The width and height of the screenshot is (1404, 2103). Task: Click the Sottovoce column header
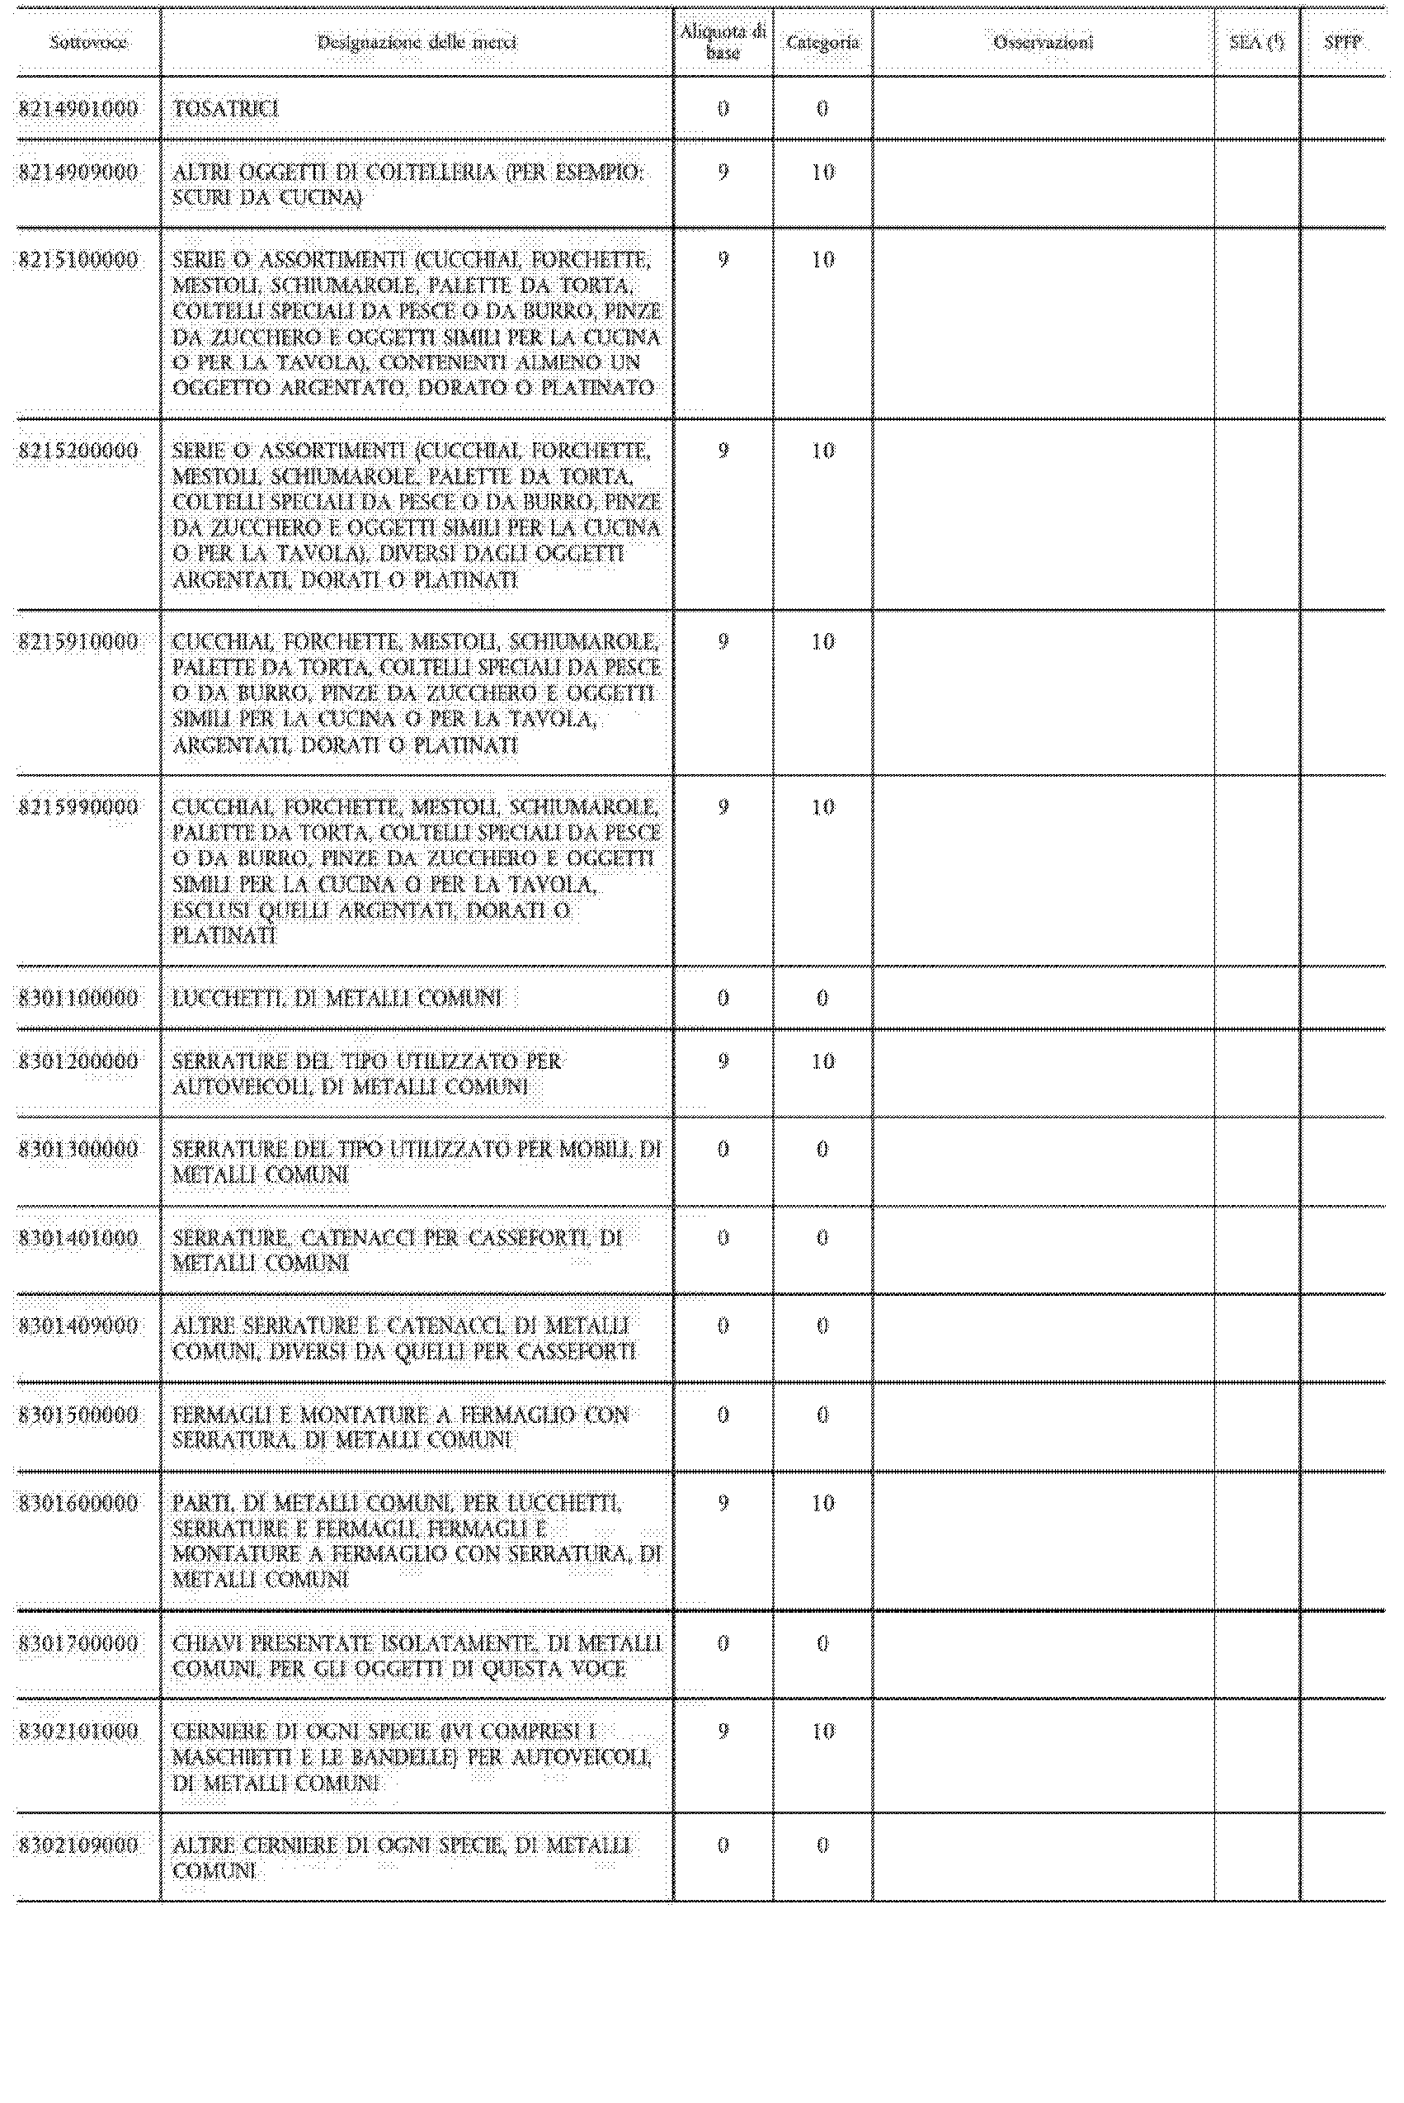coord(87,42)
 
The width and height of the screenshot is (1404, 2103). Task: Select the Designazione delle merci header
coord(417,42)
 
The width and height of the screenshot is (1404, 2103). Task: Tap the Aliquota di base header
coord(723,42)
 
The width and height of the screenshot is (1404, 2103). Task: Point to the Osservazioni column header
coord(1044,42)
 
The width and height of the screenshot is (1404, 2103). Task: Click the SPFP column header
coord(1342,42)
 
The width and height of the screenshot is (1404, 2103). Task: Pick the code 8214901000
coord(79,109)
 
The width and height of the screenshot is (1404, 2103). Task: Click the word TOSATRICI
coord(226,109)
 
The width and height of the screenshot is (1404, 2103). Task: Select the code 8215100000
coord(79,261)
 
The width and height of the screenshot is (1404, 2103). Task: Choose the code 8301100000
coord(79,998)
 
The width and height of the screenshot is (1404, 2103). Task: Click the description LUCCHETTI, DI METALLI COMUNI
coord(337,998)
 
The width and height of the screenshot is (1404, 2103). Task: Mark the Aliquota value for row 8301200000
coord(723,1061)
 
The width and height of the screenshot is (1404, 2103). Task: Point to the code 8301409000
coord(79,1326)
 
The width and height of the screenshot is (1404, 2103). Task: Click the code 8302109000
coord(79,1845)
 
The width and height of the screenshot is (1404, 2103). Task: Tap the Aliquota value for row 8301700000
coord(723,1643)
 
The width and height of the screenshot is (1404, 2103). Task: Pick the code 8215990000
coord(79,807)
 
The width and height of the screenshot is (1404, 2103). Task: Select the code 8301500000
coord(79,1415)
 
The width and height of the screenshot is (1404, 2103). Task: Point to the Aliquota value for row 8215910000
coord(723,642)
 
